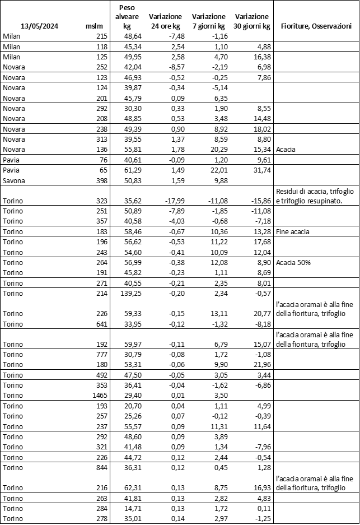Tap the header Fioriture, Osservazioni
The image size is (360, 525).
pyautogui.click(x=316, y=26)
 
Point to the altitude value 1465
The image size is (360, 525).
pyautogui.click(x=97, y=396)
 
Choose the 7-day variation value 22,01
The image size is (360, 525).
pyautogui.click(x=213, y=170)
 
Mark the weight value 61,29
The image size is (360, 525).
pyautogui.click(x=134, y=170)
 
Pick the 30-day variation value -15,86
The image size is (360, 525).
pyautogui.click(x=258, y=201)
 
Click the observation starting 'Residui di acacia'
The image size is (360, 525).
pyautogui.click(x=315, y=196)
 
